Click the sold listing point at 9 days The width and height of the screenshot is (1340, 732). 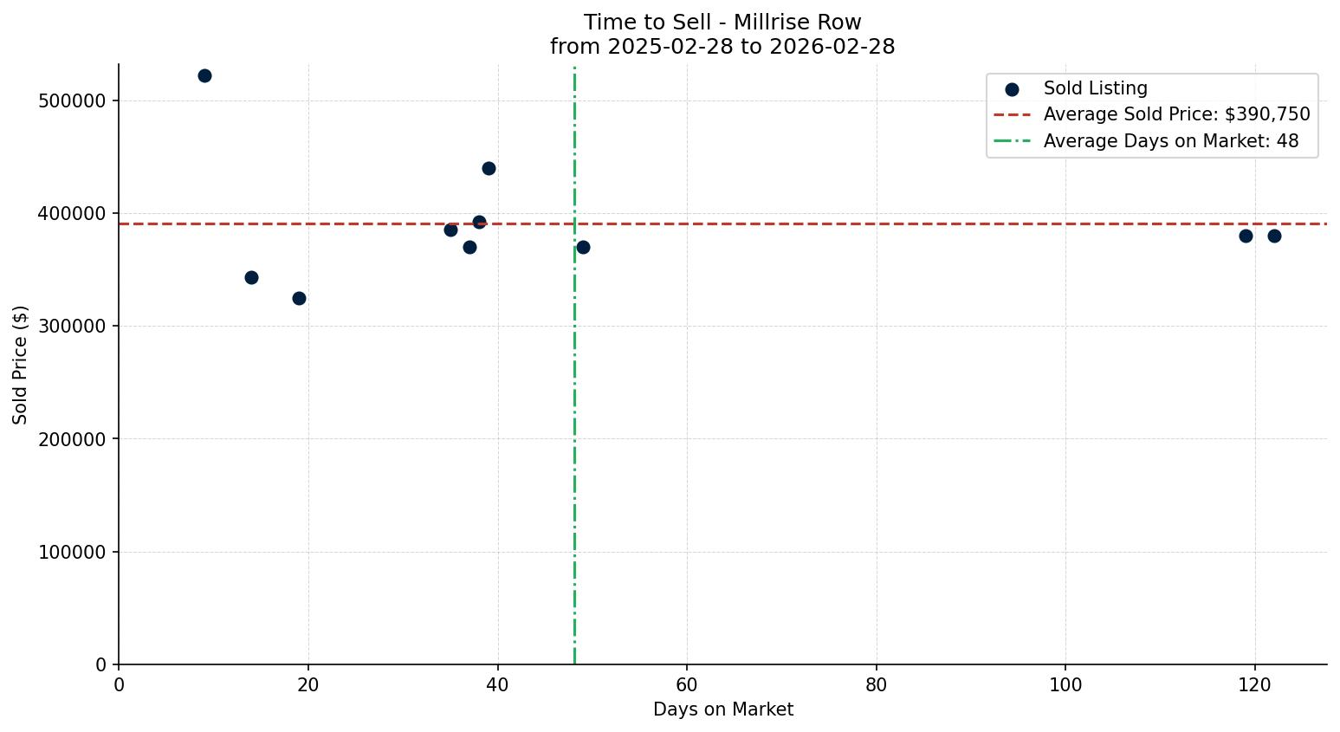tap(204, 75)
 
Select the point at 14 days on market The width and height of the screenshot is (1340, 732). tap(251, 277)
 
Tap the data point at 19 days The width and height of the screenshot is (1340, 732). tap(299, 298)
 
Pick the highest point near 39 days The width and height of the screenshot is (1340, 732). tap(489, 168)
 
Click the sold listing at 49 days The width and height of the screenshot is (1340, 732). tap(583, 247)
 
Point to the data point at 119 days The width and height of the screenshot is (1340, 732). tap(1246, 236)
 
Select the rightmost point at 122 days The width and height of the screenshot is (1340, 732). tap(1274, 236)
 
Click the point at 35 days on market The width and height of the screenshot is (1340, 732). tap(450, 230)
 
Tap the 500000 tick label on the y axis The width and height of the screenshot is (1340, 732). tap(72, 100)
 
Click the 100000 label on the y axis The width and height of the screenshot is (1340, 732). tap(72, 552)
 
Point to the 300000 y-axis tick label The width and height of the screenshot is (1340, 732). tap(72, 327)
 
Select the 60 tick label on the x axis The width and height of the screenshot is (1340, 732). tap(687, 684)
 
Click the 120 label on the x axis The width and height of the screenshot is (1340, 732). tap(1254, 684)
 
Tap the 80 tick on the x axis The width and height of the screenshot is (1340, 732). tap(877, 684)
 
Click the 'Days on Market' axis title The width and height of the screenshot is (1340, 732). tap(722, 709)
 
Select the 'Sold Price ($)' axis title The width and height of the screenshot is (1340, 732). tap(20, 365)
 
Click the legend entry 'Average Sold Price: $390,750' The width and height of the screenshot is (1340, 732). tap(1176, 114)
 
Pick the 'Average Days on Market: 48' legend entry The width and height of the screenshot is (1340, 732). tap(1170, 141)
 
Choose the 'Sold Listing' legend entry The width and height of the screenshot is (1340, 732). tap(1095, 88)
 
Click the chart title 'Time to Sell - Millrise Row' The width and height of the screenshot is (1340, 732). tap(722, 23)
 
